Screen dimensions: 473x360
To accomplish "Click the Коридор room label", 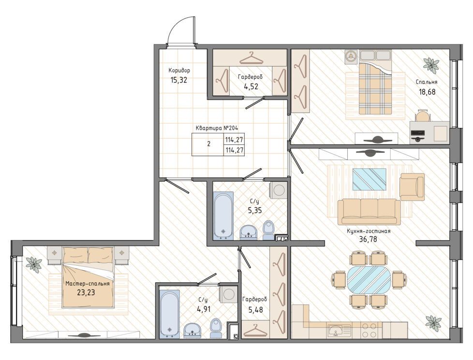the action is [x=179, y=71].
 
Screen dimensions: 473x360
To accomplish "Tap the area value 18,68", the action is [x=427, y=92].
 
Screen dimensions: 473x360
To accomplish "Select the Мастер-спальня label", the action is [x=88, y=284].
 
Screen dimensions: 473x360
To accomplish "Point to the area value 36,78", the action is [x=369, y=240].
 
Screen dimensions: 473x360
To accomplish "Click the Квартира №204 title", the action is [x=217, y=128].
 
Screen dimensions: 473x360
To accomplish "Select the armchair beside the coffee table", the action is [x=412, y=187].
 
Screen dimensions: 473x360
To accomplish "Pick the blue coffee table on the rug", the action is [x=370, y=179].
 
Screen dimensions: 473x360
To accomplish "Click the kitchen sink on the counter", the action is [x=339, y=330].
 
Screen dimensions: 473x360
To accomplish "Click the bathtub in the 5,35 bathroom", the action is [x=223, y=216].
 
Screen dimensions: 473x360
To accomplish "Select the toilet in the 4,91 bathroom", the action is [x=215, y=328].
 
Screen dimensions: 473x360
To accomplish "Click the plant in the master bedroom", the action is [x=34, y=264].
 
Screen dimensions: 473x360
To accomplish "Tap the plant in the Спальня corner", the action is [x=431, y=65].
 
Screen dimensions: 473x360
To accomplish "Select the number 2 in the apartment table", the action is [x=209, y=144].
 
